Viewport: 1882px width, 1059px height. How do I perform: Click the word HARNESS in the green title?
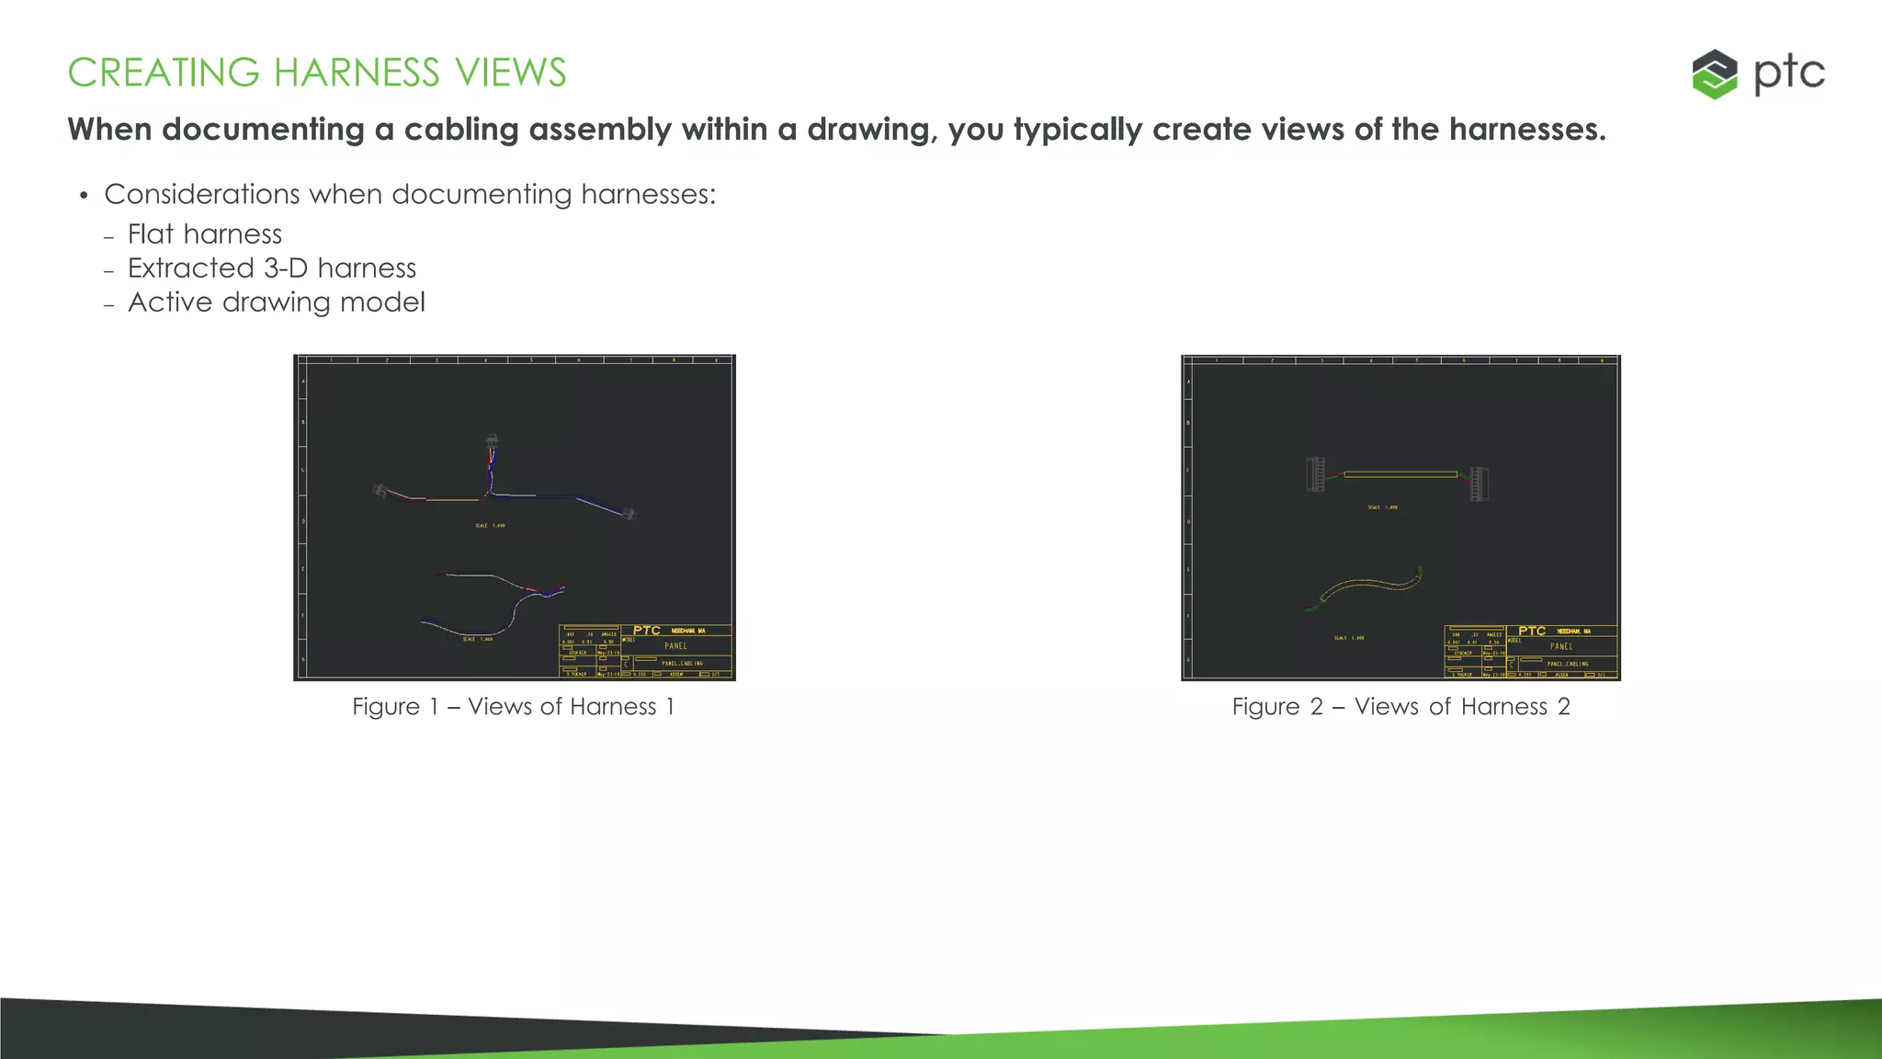coord(357,73)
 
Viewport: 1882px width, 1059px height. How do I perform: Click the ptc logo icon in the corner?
coord(1714,74)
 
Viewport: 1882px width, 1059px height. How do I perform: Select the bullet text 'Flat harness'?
coord(204,234)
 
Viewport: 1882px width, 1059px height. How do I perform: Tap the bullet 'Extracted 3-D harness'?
coord(271,268)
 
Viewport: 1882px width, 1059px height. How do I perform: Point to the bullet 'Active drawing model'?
coord(276,302)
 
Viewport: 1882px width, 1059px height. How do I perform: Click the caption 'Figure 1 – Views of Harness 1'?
coord(513,707)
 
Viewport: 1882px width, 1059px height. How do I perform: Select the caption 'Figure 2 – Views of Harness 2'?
coord(1400,707)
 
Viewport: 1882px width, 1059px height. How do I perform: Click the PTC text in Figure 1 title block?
coord(647,631)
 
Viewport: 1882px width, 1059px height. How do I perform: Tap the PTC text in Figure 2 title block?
coord(1532,631)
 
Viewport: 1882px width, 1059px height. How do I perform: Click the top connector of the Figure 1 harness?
coord(493,442)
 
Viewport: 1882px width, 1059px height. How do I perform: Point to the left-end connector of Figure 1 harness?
coord(380,491)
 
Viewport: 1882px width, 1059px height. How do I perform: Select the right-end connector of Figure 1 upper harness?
coord(629,514)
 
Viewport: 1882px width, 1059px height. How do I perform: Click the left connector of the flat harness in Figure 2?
coord(1316,474)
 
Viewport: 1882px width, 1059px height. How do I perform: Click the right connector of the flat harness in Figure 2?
coord(1478,484)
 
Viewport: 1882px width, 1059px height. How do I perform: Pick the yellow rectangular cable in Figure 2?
coord(1400,474)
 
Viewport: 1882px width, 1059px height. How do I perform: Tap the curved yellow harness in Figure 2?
coord(1369,585)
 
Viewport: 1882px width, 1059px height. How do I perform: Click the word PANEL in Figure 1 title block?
coord(675,646)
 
